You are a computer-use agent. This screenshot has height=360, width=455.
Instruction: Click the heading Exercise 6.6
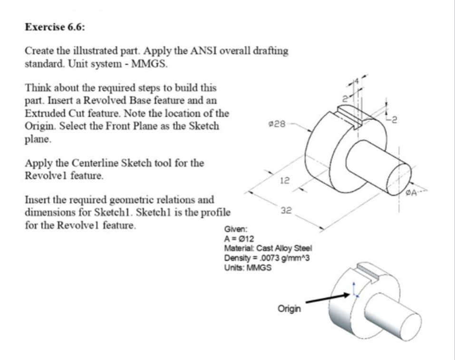pos(55,27)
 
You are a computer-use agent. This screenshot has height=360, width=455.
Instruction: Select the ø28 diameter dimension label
pos(277,124)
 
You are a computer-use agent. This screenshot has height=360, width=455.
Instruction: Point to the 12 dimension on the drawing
pos(284,181)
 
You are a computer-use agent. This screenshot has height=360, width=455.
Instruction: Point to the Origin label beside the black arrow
pos(289,309)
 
